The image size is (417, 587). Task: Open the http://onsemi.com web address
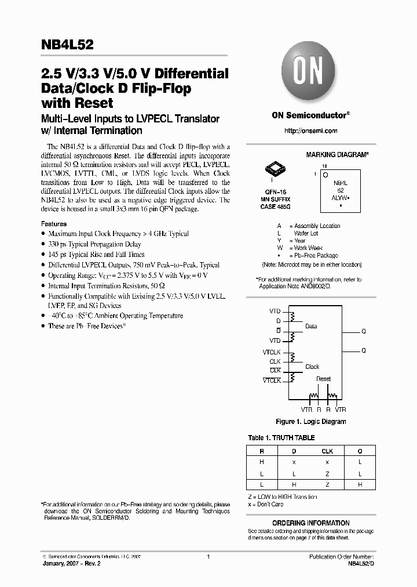pos(310,131)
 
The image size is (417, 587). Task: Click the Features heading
pos(54,224)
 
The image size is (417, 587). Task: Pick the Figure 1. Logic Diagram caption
pos(310,422)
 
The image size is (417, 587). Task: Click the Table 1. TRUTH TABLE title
pos(281,438)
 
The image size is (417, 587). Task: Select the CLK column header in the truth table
pos(327,451)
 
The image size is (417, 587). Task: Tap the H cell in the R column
pos(262,462)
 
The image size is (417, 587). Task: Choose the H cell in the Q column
pos(360,484)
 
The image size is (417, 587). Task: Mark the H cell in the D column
pos(294,484)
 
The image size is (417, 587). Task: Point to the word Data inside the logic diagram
pos(311,326)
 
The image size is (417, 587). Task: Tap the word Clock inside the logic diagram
pos(312,367)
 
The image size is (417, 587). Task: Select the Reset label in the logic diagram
pos(324,379)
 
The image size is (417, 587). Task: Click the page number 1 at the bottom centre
pos(208,556)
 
